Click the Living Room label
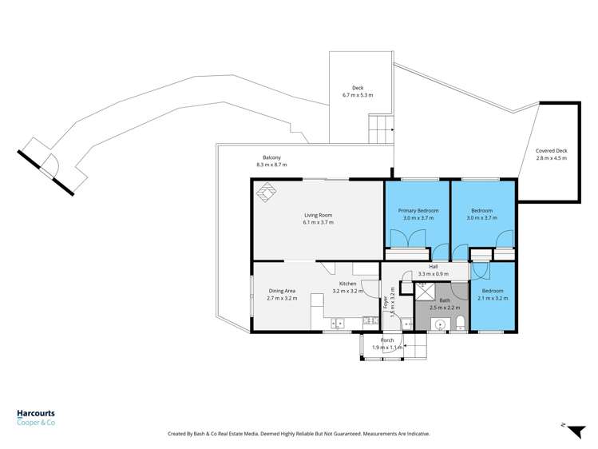[x=318, y=215]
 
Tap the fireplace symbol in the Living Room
[x=266, y=192]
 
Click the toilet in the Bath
[x=461, y=323]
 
